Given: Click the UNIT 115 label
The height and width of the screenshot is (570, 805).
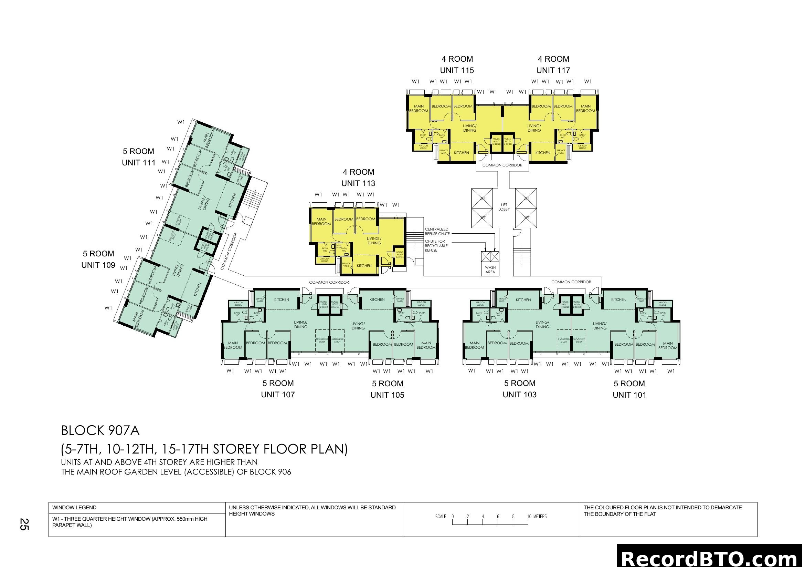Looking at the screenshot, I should (x=456, y=70).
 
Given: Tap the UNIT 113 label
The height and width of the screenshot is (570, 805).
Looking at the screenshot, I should (x=358, y=183).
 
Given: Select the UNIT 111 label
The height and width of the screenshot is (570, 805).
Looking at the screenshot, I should (x=138, y=163).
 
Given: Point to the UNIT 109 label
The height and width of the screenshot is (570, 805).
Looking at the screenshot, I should (x=98, y=265).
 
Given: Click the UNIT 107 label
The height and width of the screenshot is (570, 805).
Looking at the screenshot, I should (x=278, y=395).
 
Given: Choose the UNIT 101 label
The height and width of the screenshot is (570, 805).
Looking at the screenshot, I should (x=629, y=395).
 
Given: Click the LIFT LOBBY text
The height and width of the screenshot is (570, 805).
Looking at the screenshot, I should (x=504, y=207).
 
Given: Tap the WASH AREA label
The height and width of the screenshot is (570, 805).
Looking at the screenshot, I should (x=490, y=269).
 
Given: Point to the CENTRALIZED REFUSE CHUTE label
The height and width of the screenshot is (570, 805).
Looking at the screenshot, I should (x=437, y=231).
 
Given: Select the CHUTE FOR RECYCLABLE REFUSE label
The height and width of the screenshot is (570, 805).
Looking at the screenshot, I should (x=436, y=246).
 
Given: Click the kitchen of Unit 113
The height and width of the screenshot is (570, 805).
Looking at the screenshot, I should (x=364, y=266).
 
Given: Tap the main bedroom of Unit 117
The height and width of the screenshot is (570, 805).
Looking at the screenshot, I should (x=585, y=109).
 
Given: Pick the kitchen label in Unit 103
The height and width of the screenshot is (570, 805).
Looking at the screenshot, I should (x=523, y=300).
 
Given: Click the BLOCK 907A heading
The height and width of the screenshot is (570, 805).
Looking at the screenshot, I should (x=100, y=430).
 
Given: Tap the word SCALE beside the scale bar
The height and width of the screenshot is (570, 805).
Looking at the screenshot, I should (x=441, y=516).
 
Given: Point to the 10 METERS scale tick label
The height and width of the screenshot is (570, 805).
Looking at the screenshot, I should (x=537, y=516).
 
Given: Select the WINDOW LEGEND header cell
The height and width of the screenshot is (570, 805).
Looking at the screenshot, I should (x=74, y=508).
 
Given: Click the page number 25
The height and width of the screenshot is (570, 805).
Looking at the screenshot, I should (x=24, y=524).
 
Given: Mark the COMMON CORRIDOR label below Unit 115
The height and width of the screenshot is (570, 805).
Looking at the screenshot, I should (x=502, y=165).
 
